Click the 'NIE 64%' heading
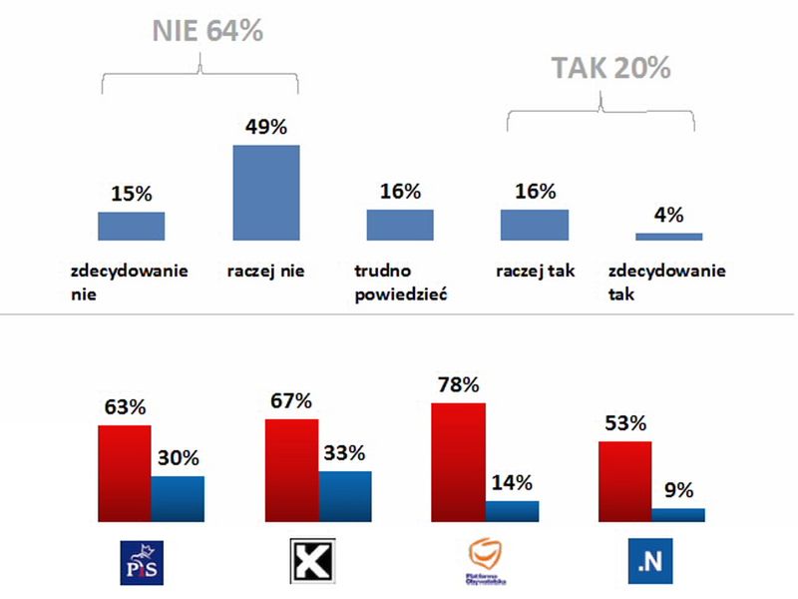pos(207,31)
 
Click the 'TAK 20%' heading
pos(611,68)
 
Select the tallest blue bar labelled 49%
pos(266,193)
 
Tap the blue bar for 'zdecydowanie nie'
pos(131,226)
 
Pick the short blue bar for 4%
pos(668,237)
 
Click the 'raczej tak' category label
pos(535,271)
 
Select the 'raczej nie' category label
pos(265,271)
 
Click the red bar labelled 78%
pos(458,462)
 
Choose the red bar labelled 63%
pos(124,473)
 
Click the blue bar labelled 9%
pos(678,515)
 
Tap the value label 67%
pos(291,401)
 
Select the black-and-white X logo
pos(310,562)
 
